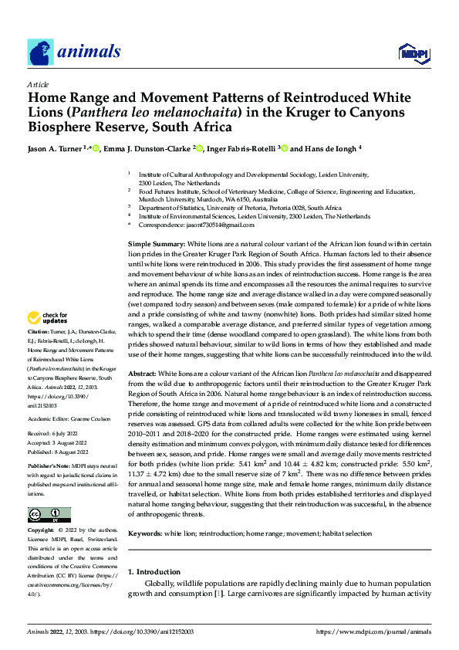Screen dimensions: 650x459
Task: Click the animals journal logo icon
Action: point(41,52)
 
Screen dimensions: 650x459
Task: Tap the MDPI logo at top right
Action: point(413,52)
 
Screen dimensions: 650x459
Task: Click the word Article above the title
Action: point(38,84)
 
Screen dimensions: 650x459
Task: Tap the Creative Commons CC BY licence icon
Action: point(49,515)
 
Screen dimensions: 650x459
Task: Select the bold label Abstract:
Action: point(144,373)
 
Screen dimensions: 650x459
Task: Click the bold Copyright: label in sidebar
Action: point(41,530)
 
